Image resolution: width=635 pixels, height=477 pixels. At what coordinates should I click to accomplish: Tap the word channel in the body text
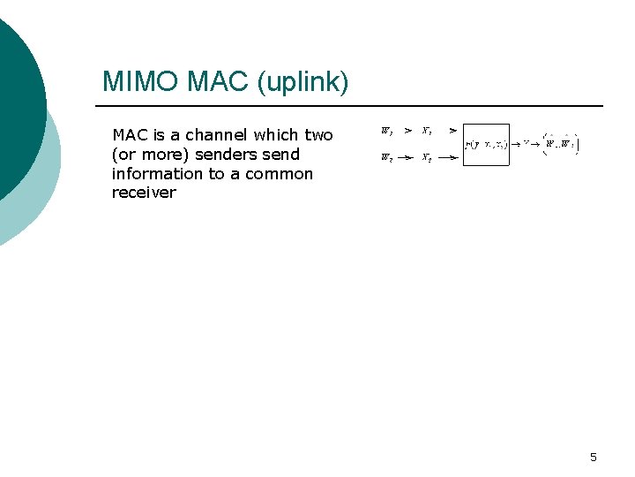pyautogui.click(x=219, y=135)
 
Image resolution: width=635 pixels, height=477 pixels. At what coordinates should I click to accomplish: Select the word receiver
pyautogui.click(x=144, y=193)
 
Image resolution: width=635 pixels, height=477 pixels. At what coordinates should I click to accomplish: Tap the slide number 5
pyautogui.click(x=593, y=457)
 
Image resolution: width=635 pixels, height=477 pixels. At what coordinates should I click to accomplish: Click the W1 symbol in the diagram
pyautogui.click(x=386, y=131)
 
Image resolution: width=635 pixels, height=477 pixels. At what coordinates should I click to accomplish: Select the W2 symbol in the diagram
pyautogui.click(x=386, y=158)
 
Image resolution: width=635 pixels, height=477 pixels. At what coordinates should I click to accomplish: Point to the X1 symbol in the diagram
pyautogui.click(x=426, y=131)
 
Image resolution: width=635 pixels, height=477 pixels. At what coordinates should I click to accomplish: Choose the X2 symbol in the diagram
pyautogui.click(x=426, y=158)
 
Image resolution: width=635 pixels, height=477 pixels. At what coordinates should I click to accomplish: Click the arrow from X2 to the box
pyautogui.click(x=448, y=158)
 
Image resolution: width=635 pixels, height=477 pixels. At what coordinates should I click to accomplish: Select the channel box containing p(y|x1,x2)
pyautogui.click(x=486, y=144)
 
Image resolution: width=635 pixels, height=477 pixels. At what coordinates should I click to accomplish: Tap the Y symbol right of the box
pyautogui.click(x=526, y=143)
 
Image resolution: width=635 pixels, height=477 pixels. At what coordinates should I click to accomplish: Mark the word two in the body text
pyautogui.click(x=318, y=135)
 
